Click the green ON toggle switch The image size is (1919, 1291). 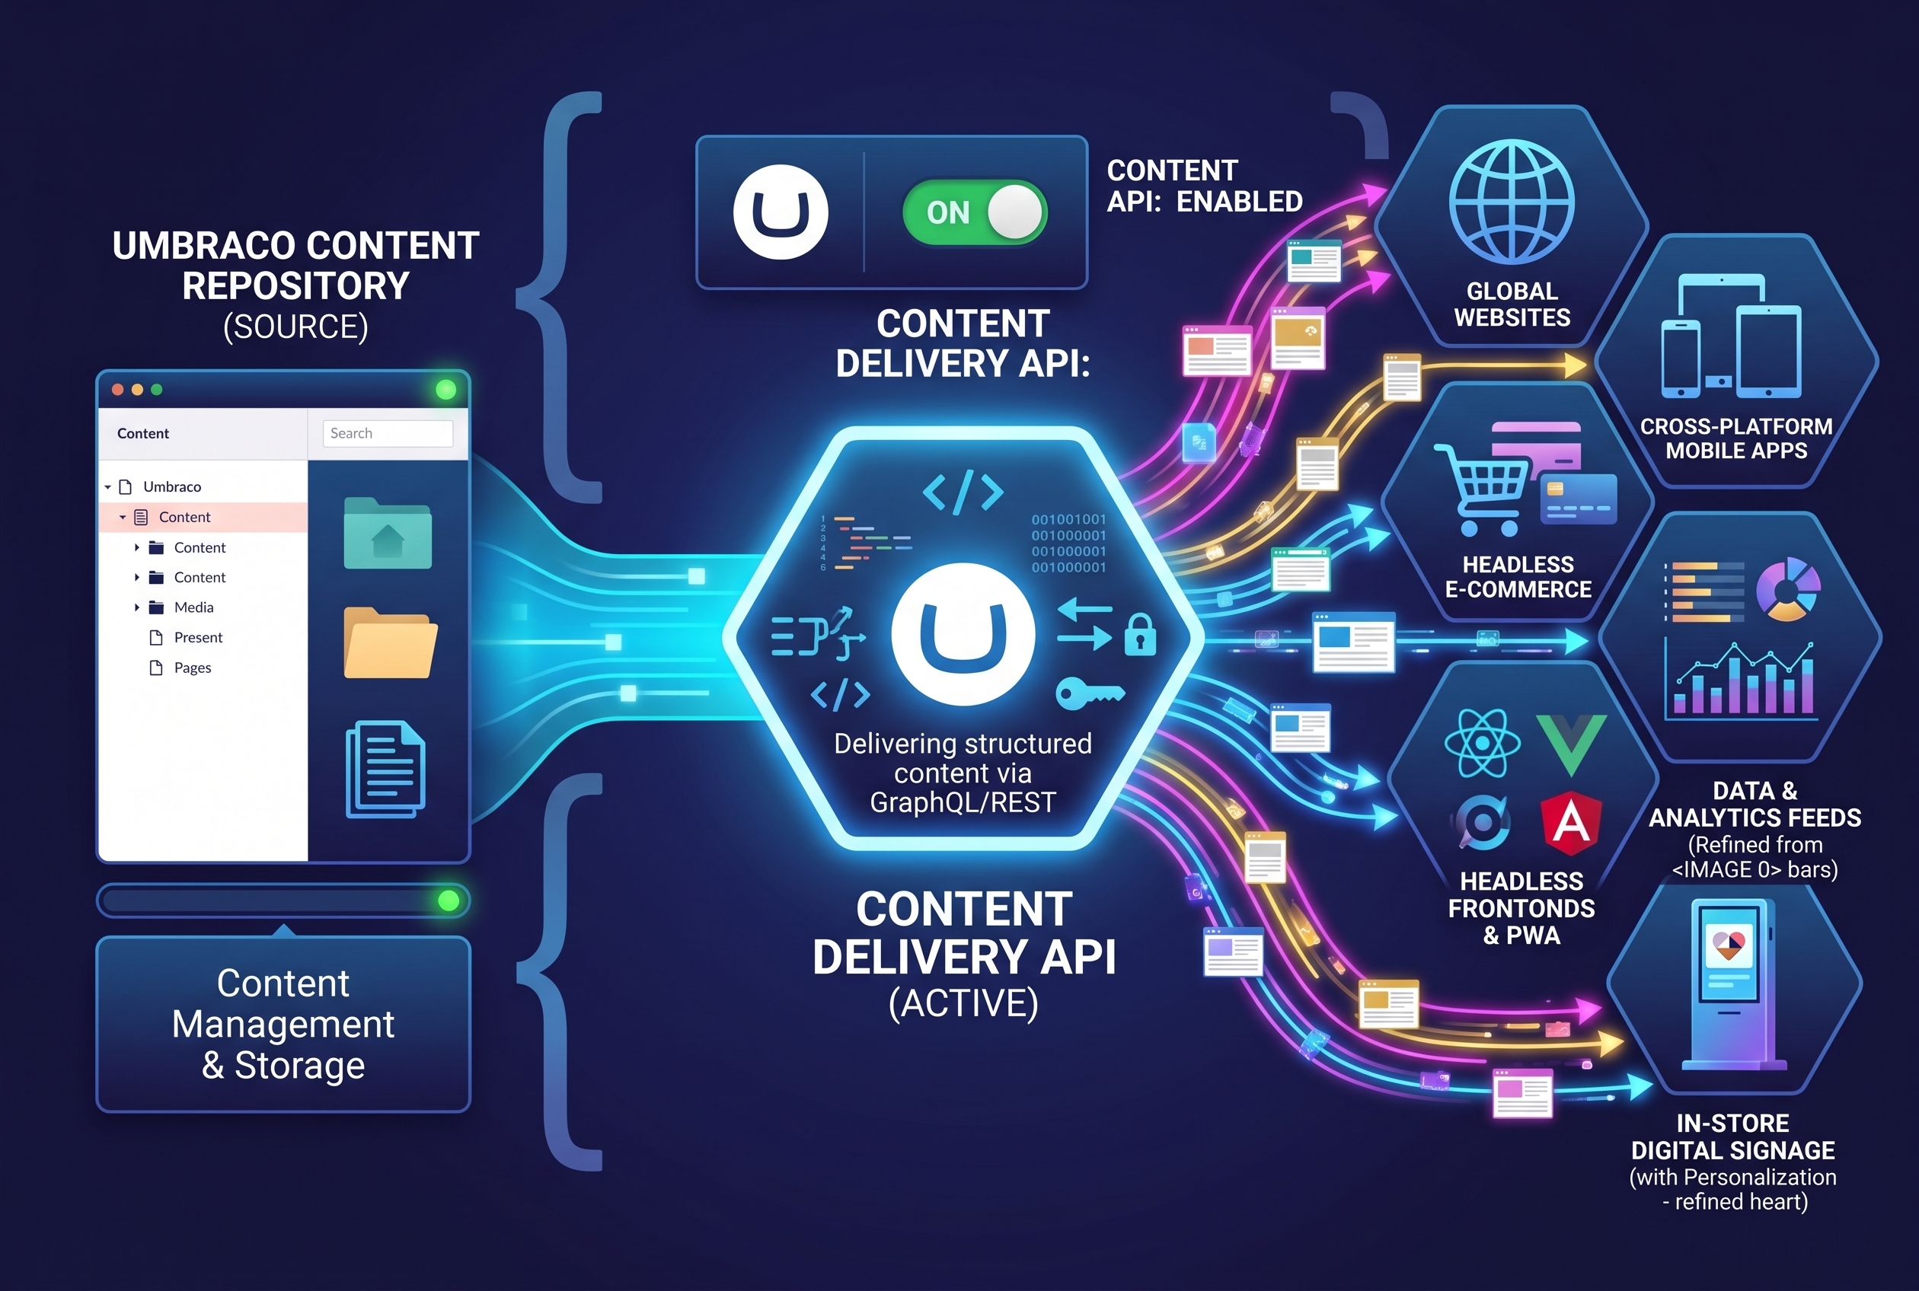(974, 212)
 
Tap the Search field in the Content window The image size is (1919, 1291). (388, 433)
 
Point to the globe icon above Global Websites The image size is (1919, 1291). (1512, 202)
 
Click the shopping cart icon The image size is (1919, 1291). (1482, 490)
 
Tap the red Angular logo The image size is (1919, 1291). (1571, 824)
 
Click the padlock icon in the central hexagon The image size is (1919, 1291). (1141, 635)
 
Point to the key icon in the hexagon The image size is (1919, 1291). (1090, 693)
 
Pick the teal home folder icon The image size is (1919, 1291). (388, 534)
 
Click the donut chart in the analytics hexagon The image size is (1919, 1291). (1788, 589)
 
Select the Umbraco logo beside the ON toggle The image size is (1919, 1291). (781, 212)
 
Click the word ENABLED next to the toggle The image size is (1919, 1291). (1240, 202)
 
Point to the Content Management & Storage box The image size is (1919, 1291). (283, 1025)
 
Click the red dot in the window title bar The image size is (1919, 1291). (118, 390)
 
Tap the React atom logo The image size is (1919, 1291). (1483, 744)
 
